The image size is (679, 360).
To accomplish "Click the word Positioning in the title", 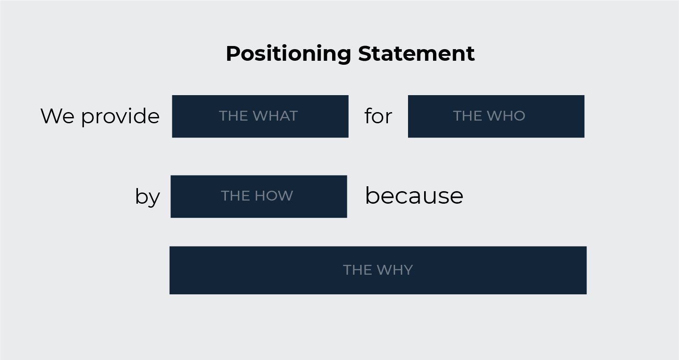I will coord(288,54).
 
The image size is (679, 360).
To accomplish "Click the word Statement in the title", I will coord(416,54).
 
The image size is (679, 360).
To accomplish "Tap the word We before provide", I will coord(57,116).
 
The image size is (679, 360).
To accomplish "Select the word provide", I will coord(120,116).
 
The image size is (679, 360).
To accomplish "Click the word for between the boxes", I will coord(378,116).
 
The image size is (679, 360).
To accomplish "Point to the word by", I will coord(147,197).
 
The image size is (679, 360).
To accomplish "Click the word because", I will coord(414,196).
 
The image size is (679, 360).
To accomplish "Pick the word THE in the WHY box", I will coord(357,270).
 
